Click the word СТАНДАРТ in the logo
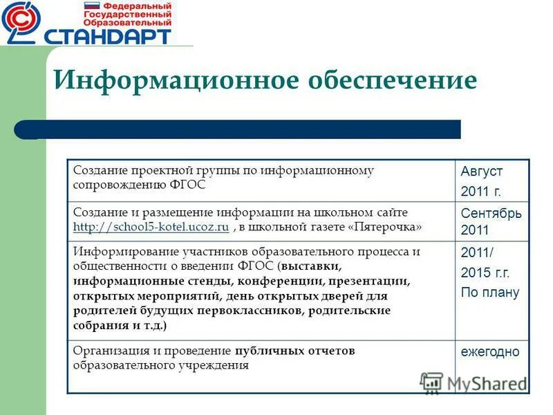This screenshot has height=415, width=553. (107, 35)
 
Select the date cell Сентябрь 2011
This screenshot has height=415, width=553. (491, 221)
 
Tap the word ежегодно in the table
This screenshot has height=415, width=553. (490, 352)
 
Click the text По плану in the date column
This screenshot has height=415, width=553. (490, 292)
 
